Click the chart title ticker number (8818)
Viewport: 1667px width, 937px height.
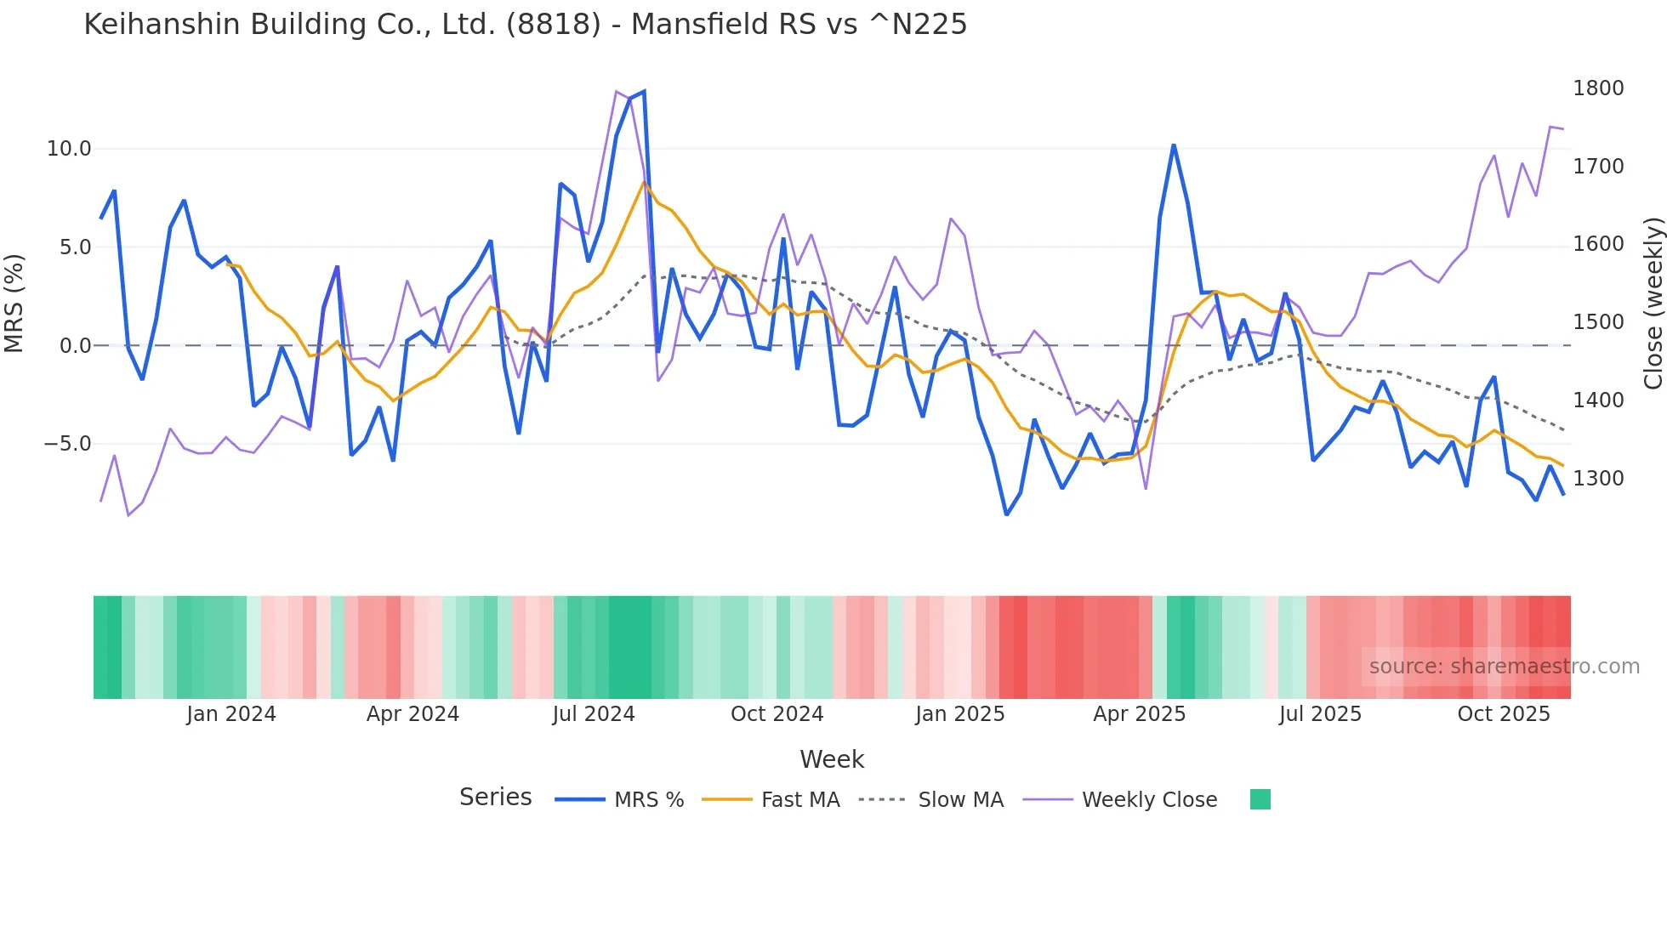(553, 25)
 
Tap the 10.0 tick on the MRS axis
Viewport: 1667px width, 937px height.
(68, 149)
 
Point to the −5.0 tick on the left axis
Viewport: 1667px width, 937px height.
(67, 444)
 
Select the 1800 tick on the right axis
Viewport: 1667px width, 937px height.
(1598, 88)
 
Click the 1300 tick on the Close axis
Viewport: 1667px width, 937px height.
(1598, 479)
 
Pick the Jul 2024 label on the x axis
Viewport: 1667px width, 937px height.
(594, 714)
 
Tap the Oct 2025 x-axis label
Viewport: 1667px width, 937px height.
(1504, 714)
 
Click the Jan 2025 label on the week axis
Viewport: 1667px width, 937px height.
(959, 714)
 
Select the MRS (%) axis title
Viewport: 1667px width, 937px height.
(14, 303)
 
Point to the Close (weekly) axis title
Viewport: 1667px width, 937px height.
(1653, 304)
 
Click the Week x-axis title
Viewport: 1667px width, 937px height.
(832, 759)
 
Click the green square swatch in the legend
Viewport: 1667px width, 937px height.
(1260, 799)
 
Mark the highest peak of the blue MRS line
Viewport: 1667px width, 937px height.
(644, 91)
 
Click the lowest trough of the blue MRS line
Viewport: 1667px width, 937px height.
(1006, 514)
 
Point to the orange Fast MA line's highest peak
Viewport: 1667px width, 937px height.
(644, 182)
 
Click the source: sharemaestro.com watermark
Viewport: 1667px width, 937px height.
(1504, 667)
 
